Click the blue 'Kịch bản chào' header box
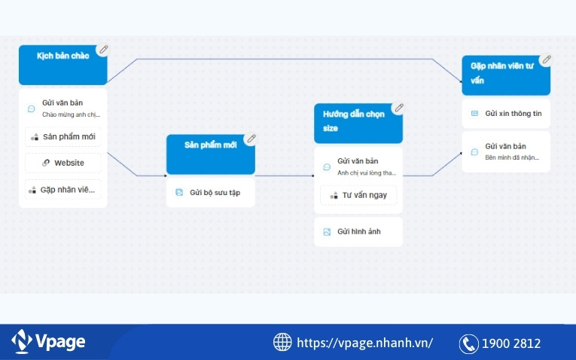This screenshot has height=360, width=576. tap(62, 65)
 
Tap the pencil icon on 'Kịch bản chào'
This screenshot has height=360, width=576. tap(104, 49)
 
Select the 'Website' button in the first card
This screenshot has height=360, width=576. tap(62, 163)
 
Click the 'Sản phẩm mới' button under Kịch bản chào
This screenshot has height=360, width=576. tap(62, 137)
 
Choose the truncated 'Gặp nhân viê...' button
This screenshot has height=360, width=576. tap(62, 190)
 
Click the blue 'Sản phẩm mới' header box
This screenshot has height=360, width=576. tap(210, 154)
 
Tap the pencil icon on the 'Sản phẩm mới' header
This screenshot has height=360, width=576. tap(251, 139)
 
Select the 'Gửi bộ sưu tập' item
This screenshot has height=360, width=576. tap(210, 192)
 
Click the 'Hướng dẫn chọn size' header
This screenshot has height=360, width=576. tap(358, 123)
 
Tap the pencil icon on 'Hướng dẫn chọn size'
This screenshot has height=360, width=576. tap(399, 108)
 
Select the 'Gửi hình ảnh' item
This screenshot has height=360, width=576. tap(358, 232)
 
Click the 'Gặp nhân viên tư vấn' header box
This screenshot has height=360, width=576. tap(505, 75)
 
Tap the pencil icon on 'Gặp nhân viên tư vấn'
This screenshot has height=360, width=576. tap(547, 59)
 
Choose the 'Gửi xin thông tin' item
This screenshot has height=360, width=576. tap(505, 114)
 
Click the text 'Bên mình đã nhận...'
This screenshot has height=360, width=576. tap(512, 157)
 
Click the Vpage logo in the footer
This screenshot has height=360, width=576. tap(49, 342)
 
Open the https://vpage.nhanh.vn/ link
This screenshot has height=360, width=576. tap(365, 343)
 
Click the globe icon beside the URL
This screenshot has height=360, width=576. tap(282, 343)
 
